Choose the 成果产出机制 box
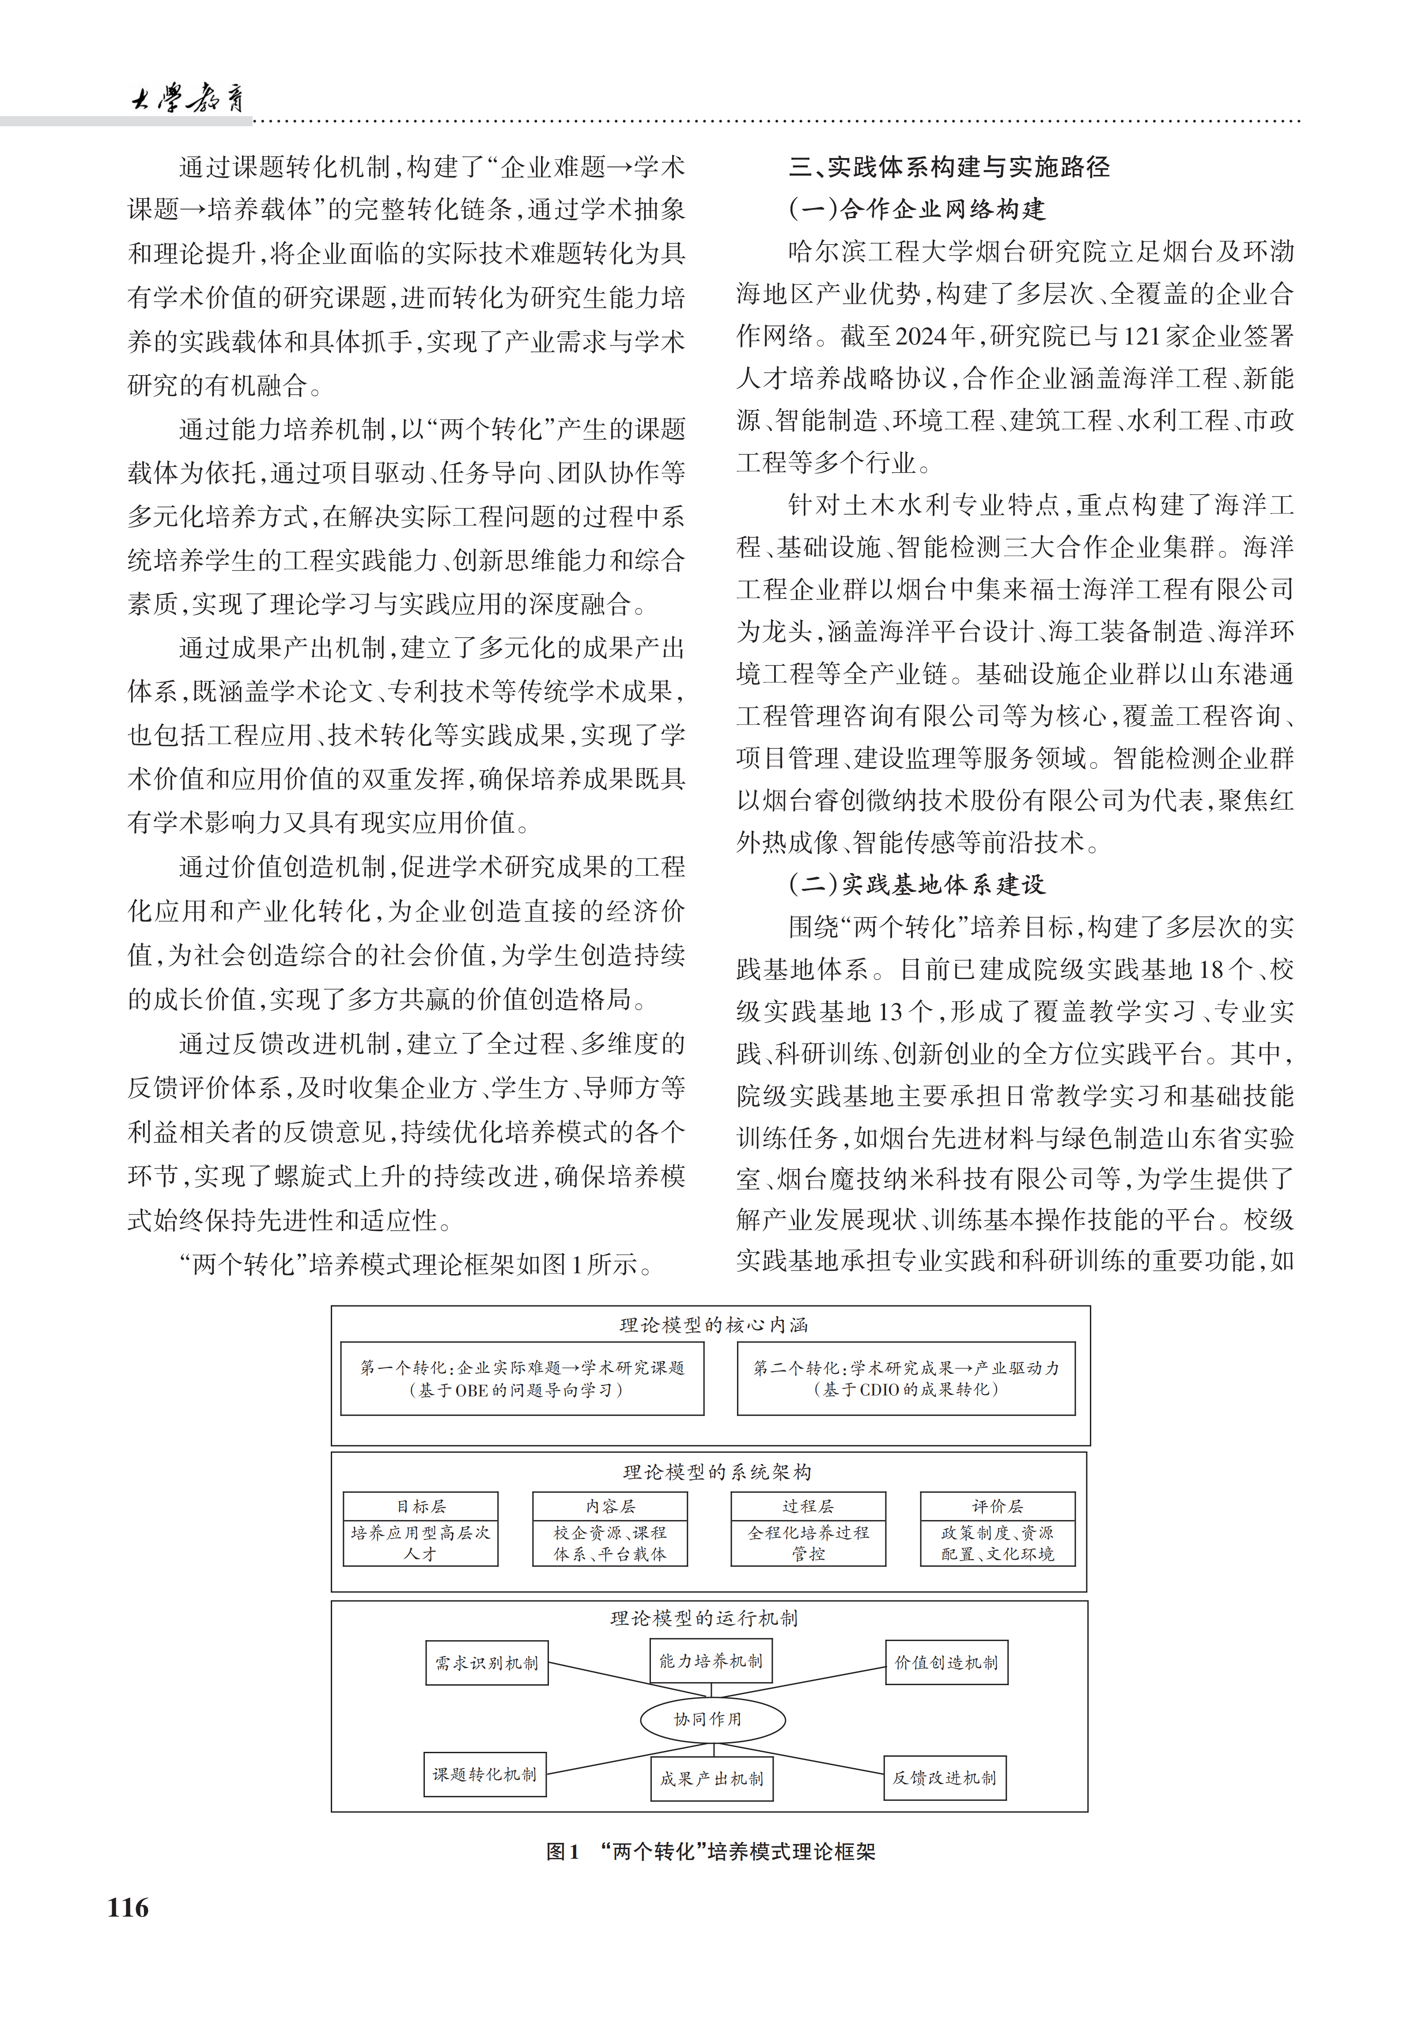click(711, 1779)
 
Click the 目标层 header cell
click(420, 1507)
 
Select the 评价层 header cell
click(997, 1507)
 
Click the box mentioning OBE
click(522, 1379)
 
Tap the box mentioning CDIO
click(906, 1379)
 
